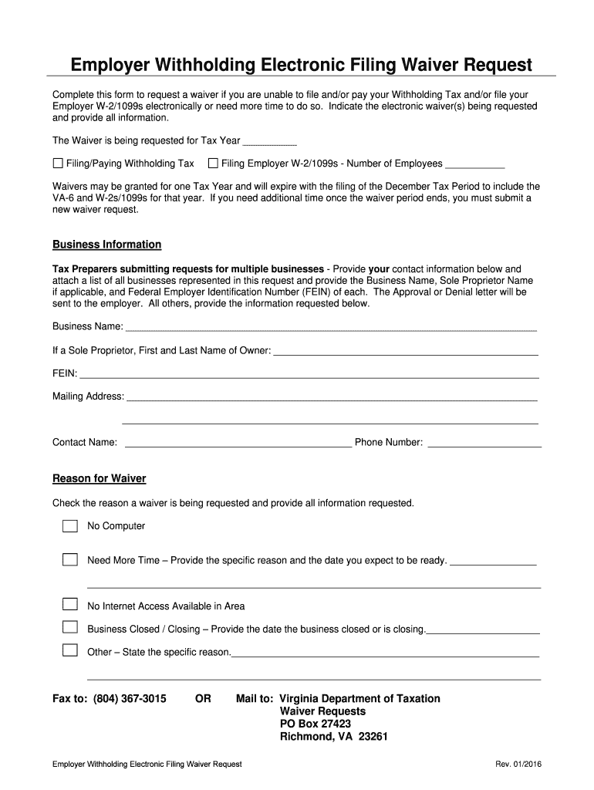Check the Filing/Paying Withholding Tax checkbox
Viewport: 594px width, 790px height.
click(x=58, y=164)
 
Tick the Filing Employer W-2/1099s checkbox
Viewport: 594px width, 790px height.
click(x=213, y=164)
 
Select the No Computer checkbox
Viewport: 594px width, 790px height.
click(x=70, y=526)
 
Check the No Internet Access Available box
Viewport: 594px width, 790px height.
click(x=70, y=604)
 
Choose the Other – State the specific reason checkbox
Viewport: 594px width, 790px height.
click(x=70, y=650)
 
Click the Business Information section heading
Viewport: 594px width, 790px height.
click(x=106, y=245)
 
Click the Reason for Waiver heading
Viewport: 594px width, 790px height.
click(x=99, y=478)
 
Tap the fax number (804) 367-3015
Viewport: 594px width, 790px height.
click(x=130, y=699)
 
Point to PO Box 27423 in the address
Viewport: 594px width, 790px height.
click(x=315, y=724)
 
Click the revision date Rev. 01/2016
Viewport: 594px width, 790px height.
click(x=518, y=764)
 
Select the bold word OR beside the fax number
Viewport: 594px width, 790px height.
click(x=203, y=699)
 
